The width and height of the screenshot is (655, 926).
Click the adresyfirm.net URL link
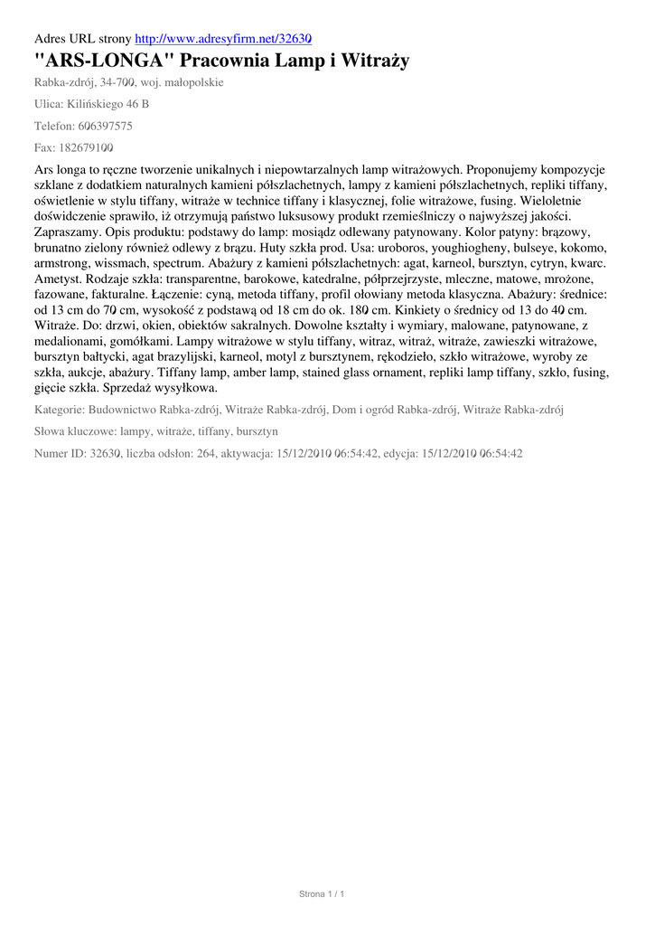click(223, 40)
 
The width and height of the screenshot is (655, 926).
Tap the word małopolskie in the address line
click(191, 82)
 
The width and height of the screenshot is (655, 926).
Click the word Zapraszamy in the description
click(66, 231)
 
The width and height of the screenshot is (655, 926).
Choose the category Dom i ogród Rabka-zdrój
click(394, 410)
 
